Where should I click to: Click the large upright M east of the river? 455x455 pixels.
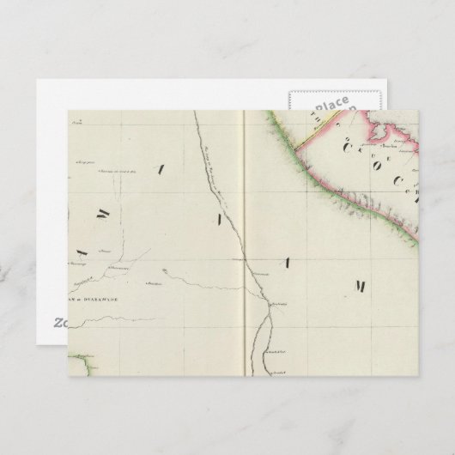pyautogui.click(x=361, y=285)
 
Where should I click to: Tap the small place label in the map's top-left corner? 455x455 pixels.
pyautogui.click(x=82, y=124)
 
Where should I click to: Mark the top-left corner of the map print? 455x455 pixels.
pyautogui.click(x=69, y=111)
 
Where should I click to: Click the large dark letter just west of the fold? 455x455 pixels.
pyautogui.click(x=218, y=220)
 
